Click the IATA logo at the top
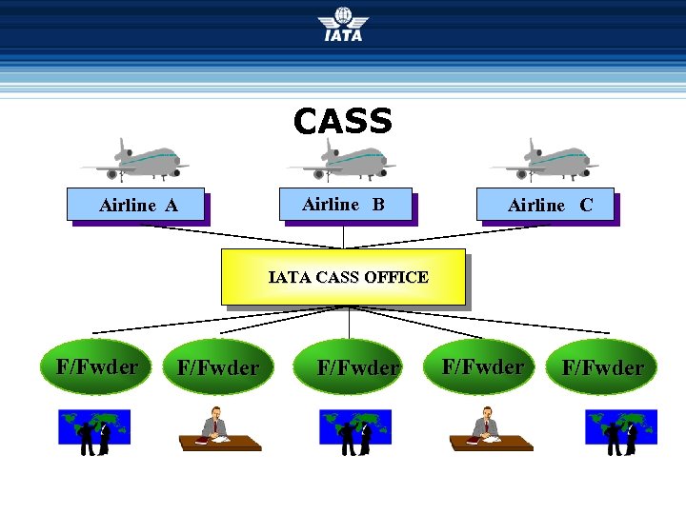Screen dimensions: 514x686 point(343,24)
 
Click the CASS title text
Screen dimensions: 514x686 point(343,122)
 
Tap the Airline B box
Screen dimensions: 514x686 point(344,204)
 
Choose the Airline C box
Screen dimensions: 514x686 point(547,205)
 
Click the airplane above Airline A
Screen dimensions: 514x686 point(135,160)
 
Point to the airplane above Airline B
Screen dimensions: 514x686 point(343,160)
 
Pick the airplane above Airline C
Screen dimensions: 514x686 point(545,160)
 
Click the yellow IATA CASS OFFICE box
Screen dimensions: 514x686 point(343,277)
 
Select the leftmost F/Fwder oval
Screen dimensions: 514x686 point(97,366)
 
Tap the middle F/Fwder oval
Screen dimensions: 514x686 point(357,367)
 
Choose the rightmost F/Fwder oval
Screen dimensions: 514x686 point(602,367)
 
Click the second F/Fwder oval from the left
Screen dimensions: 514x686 point(218,367)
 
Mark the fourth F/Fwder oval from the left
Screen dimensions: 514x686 point(482,366)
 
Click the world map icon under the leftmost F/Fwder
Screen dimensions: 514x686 point(94,429)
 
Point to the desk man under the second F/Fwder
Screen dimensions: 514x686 point(219,429)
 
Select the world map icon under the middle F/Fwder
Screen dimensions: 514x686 point(355,429)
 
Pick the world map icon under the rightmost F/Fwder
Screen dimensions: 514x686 point(621,429)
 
